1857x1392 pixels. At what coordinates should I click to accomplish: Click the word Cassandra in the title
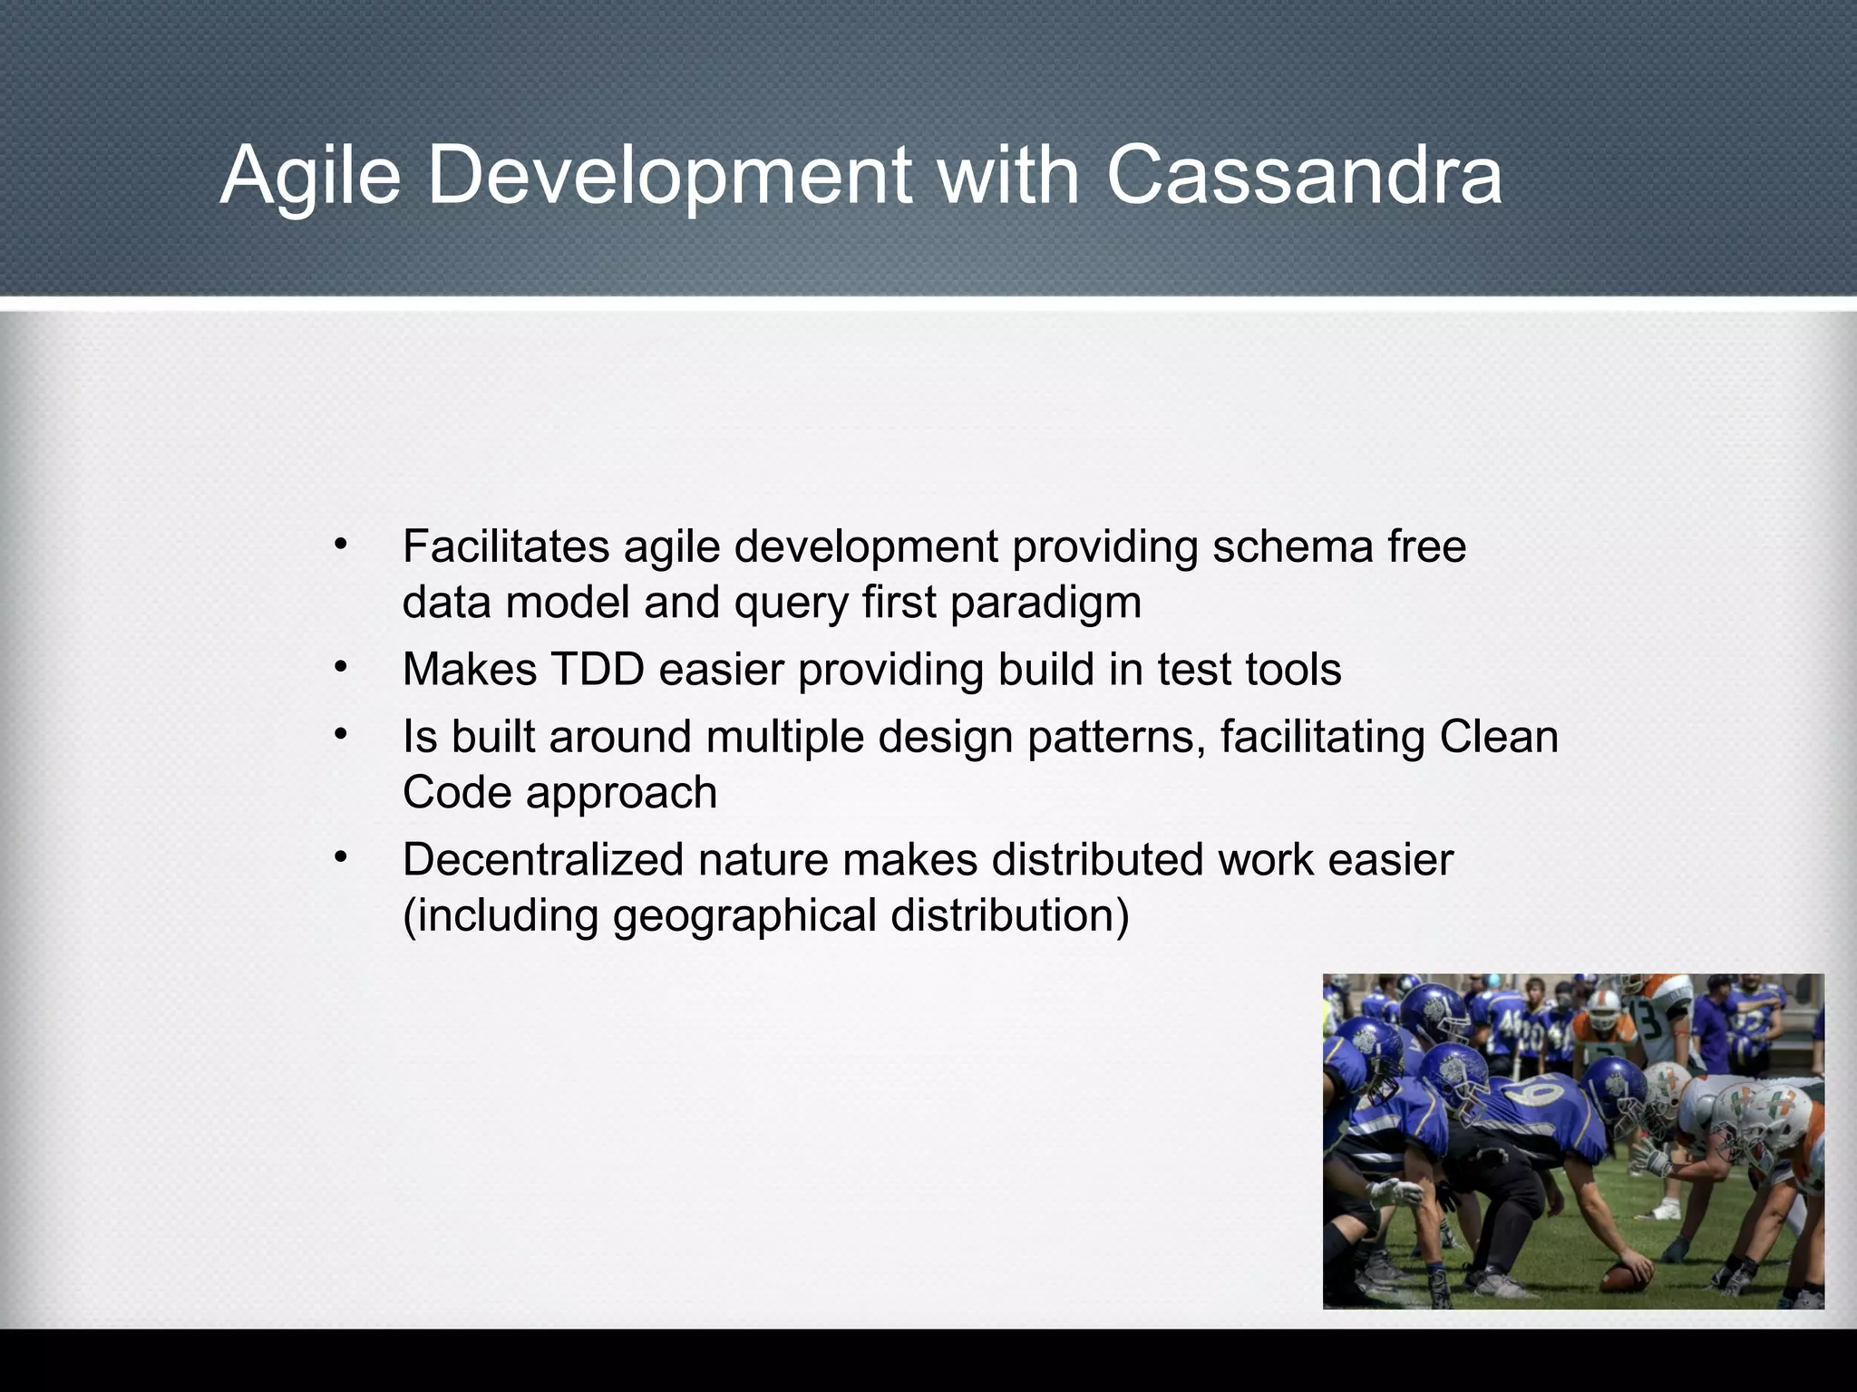coord(1304,174)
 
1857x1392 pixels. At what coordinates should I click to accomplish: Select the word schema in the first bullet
coord(1293,546)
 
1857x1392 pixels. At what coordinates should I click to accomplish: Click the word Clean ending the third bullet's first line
coord(1498,737)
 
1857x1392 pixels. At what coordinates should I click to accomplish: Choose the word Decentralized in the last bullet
coord(542,859)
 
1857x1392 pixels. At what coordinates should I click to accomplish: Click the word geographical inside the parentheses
coord(744,916)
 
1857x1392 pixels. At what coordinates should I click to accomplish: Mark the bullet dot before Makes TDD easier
coord(340,668)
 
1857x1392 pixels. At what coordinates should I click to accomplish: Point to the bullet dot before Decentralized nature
coord(340,857)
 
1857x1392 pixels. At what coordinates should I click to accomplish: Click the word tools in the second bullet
coord(1293,670)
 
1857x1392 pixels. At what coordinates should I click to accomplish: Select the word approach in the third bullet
coord(621,794)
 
